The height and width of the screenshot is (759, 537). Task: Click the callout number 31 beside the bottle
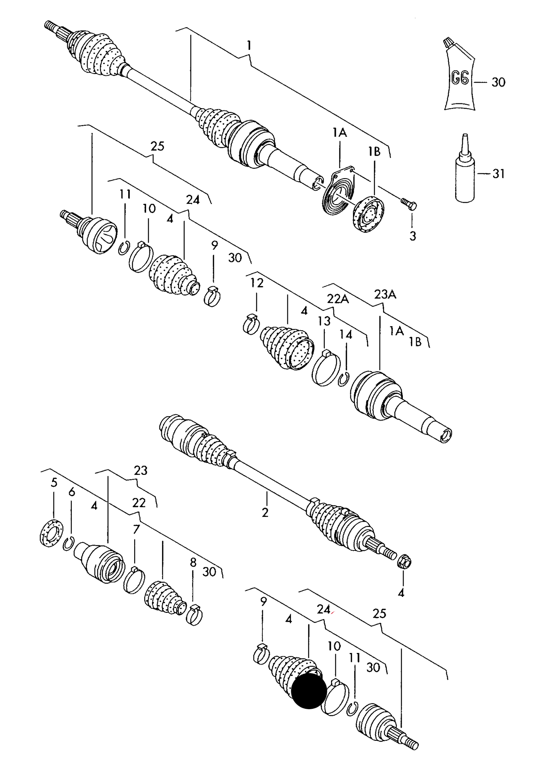[x=498, y=174]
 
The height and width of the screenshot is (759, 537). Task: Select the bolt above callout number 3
[x=408, y=203]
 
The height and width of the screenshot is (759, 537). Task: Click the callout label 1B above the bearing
[x=374, y=151]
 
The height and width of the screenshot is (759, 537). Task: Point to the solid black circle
[x=309, y=691]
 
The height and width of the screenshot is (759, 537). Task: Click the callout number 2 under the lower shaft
[x=265, y=513]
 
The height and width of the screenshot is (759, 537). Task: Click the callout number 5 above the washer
[x=54, y=483]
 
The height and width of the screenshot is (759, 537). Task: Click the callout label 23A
[x=385, y=295]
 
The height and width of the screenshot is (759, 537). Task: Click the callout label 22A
[x=338, y=299]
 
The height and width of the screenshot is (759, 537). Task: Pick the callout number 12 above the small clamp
[x=256, y=283]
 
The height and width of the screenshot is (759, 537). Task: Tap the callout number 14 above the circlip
[x=346, y=335]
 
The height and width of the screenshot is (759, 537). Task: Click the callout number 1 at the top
[x=249, y=46]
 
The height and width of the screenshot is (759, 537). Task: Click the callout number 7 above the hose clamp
[x=136, y=530]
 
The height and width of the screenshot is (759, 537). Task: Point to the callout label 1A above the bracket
[x=339, y=132]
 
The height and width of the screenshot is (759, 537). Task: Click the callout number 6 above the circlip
[x=72, y=492]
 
